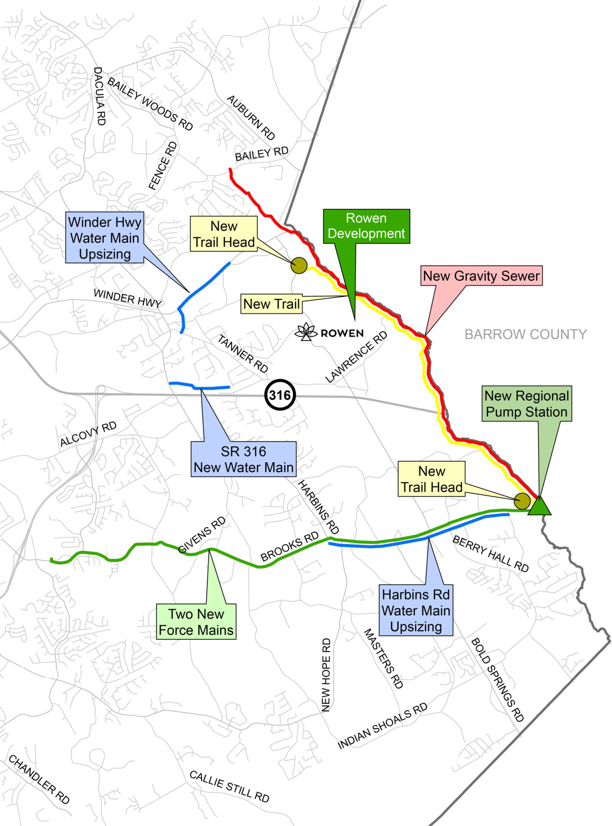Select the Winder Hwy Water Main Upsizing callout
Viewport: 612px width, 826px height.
coord(105,238)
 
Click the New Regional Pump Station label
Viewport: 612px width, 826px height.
coord(526,404)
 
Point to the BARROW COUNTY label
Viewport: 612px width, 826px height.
coord(525,334)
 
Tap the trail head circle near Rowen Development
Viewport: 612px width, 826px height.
coord(299,266)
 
